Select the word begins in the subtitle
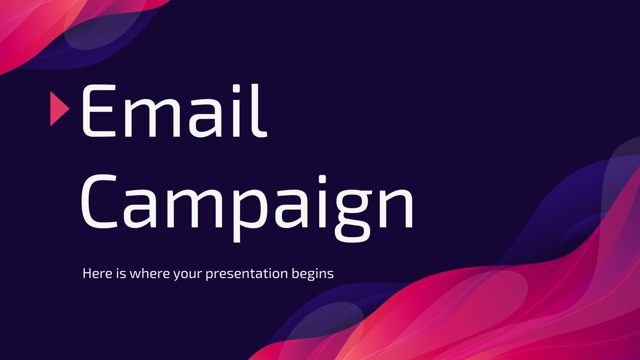[x=312, y=274]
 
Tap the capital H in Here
[x=87, y=274]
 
